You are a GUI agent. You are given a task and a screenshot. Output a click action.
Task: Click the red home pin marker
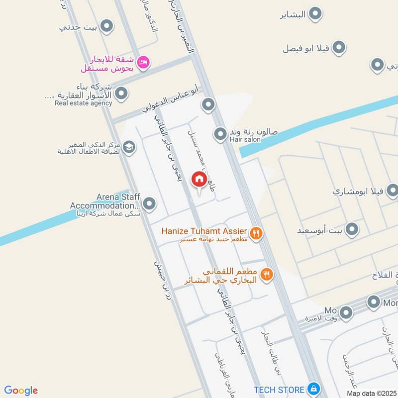click(x=199, y=180)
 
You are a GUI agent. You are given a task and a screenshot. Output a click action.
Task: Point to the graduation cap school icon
click(x=129, y=147)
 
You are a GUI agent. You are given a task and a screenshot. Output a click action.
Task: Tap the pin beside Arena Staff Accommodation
click(x=149, y=203)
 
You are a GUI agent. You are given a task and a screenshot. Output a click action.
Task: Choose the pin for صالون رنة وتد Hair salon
click(x=220, y=133)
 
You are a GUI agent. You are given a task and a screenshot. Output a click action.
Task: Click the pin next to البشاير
click(x=315, y=14)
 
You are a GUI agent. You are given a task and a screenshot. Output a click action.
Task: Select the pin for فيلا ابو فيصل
click(x=339, y=48)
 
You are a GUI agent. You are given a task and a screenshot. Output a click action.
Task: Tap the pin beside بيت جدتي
click(x=106, y=26)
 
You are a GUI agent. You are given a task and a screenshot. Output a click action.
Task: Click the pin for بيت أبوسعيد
click(x=352, y=229)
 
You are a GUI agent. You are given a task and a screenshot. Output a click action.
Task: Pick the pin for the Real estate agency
click(x=121, y=94)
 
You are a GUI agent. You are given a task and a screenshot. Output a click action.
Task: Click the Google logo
click(x=21, y=391)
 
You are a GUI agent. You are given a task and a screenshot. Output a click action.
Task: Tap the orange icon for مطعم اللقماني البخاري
click(x=267, y=274)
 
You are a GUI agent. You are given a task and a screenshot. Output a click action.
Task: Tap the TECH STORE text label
click(x=279, y=389)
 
